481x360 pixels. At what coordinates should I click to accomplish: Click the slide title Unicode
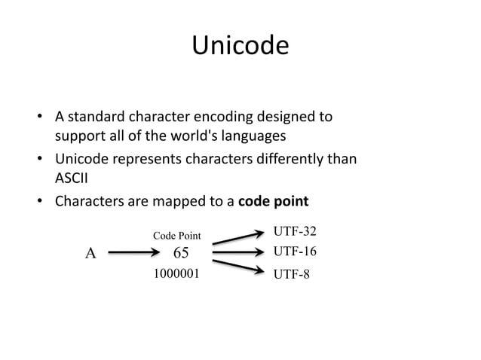(x=240, y=47)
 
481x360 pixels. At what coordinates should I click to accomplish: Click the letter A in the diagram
(x=90, y=254)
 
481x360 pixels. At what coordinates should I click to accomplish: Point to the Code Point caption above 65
(x=177, y=236)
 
